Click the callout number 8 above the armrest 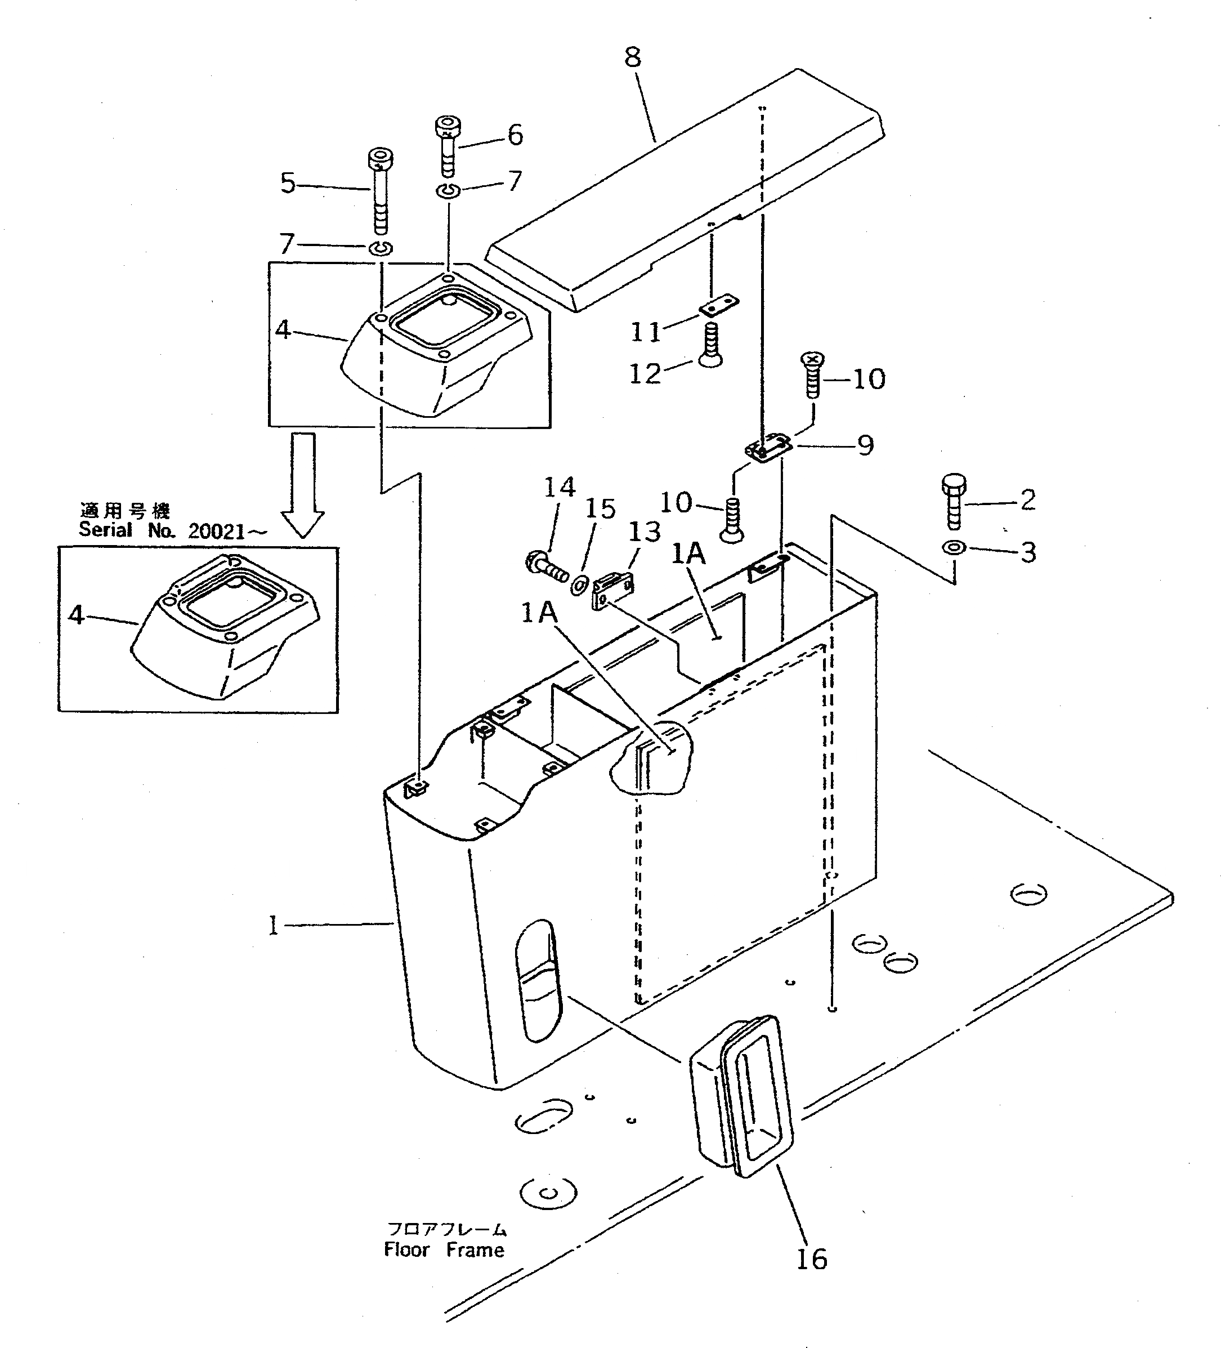(632, 57)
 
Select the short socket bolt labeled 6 (447, 145)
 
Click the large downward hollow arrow (302, 484)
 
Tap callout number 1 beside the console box (272, 926)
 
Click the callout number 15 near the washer (600, 510)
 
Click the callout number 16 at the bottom (811, 1259)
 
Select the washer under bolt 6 (448, 191)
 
